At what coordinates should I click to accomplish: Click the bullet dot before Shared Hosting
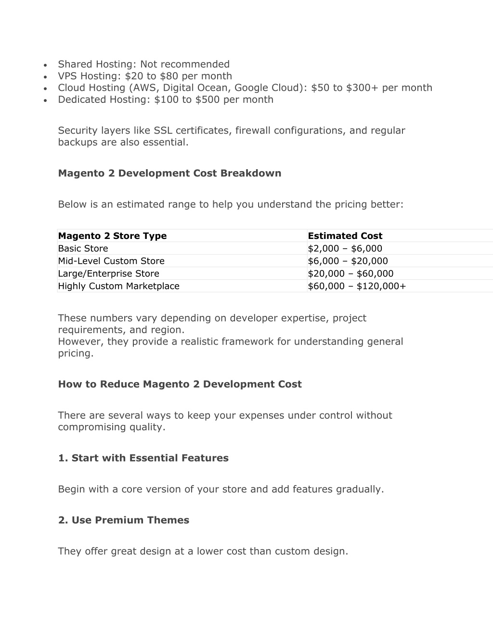[x=44, y=65]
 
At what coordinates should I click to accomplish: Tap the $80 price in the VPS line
[x=169, y=76]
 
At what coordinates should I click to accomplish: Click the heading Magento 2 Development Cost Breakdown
[x=169, y=173]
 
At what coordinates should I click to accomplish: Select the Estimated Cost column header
[x=345, y=236]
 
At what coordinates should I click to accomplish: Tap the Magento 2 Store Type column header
[x=112, y=236]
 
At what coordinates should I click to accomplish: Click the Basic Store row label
[x=83, y=249]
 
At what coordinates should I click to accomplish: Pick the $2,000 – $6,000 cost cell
[x=345, y=249]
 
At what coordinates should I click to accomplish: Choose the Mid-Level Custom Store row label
[x=111, y=261]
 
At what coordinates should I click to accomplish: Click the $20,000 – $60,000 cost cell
[x=350, y=274]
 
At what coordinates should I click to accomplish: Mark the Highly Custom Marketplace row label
[x=118, y=286]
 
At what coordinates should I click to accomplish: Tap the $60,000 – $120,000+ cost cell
[x=357, y=286]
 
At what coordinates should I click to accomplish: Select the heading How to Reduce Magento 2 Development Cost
[x=180, y=384]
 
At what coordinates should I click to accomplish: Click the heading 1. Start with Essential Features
[x=143, y=458]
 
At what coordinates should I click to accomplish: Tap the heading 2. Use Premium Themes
[x=123, y=520]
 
